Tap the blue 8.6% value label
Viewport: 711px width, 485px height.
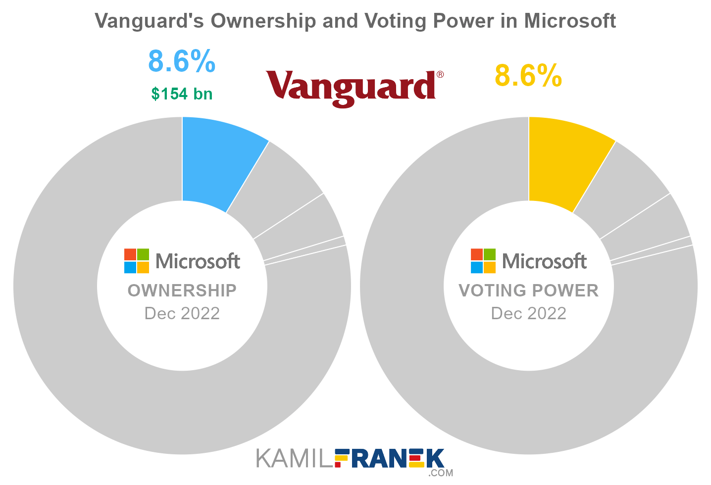(x=182, y=62)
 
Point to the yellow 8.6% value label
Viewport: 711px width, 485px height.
(x=528, y=76)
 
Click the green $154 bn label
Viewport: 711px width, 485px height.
(x=182, y=94)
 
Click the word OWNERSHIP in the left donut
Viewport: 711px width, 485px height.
(x=182, y=291)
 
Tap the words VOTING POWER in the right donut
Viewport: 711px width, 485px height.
(x=528, y=291)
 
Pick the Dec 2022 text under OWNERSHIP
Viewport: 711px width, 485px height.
(x=182, y=313)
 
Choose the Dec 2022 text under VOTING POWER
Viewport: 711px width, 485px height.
(x=528, y=313)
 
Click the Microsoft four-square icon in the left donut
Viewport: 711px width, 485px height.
(x=137, y=261)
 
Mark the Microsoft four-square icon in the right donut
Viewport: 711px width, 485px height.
(x=483, y=261)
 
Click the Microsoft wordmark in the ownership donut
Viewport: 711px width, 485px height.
(x=198, y=261)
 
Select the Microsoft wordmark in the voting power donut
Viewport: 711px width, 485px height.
(x=544, y=261)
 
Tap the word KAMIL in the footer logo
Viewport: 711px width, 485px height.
(x=294, y=458)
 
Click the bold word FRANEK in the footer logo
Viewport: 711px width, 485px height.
(x=389, y=458)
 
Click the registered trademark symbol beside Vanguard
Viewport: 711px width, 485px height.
(x=440, y=75)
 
